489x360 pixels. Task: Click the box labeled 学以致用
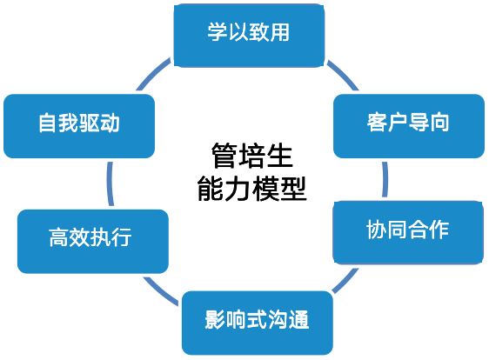click(249, 36)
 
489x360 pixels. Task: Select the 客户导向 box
click(409, 126)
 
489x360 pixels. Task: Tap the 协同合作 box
click(408, 232)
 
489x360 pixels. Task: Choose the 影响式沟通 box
click(258, 323)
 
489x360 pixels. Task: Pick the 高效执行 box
click(93, 242)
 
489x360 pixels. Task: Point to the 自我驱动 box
click(79, 126)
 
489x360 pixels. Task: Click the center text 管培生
click(251, 156)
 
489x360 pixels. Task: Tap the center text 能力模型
click(252, 189)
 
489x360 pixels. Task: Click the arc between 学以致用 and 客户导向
click(344, 74)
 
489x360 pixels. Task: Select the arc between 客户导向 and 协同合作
click(385, 179)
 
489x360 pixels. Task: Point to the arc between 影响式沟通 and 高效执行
click(160, 291)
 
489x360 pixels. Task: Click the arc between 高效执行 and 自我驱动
click(110, 183)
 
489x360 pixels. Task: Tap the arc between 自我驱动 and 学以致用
click(153, 74)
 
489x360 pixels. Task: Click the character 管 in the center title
click(224, 156)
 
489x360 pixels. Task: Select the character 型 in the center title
click(294, 189)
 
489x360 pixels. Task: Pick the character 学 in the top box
click(218, 32)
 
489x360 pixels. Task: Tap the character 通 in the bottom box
click(299, 319)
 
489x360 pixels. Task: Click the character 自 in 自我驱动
click(48, 123)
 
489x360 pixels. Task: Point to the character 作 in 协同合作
click(439, 229)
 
